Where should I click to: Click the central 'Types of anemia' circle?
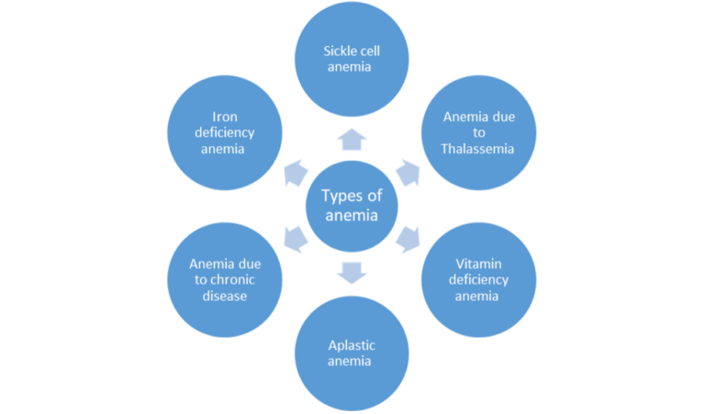(352, 206)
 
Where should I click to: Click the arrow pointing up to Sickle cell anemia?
(352, 140)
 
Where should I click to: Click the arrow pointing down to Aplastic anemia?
(352, 272)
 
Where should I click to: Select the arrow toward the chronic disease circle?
(295, 240)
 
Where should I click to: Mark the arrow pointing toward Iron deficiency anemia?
(295, 172)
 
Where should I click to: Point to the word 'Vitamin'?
(477, 264)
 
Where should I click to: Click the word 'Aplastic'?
(352, 346)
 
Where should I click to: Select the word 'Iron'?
(224, 117)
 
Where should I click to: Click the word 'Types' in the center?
(341, 196)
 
